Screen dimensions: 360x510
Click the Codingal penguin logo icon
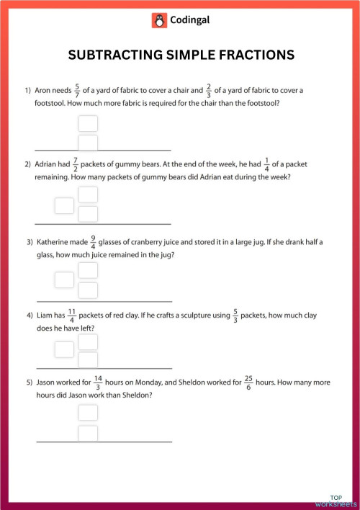tap(159, 21)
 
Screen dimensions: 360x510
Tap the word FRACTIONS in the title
tap(250, 55)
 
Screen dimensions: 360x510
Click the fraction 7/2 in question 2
tap(76, 164)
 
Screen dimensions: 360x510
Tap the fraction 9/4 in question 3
tap(93, 242)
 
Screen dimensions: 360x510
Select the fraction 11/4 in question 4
tap(71, 316)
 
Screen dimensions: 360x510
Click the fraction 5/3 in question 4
tap(235, 316)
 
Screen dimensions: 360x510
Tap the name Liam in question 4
tap(46, 316)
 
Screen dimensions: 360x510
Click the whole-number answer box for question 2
tap(65, 205)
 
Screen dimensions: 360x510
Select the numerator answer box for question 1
tap(88, 123)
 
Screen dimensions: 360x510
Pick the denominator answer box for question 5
tap(88, 434)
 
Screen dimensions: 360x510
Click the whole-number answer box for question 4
tap(65, 350)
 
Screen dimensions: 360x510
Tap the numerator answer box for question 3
tap(88, 270)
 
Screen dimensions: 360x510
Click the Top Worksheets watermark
tap(336, 501)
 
